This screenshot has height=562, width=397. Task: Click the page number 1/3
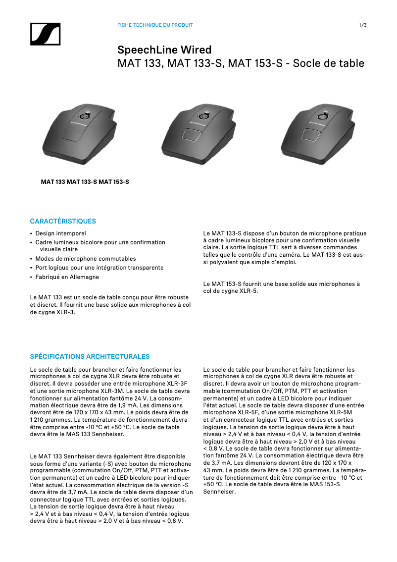362,25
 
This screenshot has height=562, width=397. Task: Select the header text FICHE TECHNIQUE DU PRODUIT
155,25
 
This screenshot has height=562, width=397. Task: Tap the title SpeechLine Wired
164,50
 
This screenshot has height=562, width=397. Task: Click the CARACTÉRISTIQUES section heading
63,221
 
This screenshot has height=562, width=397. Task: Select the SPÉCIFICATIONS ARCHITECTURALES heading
90,356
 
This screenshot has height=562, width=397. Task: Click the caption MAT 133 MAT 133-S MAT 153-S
85,182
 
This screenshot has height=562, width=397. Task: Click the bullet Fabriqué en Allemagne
67,277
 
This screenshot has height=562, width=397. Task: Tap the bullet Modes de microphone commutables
85,259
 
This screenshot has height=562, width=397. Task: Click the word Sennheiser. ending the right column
220,492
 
